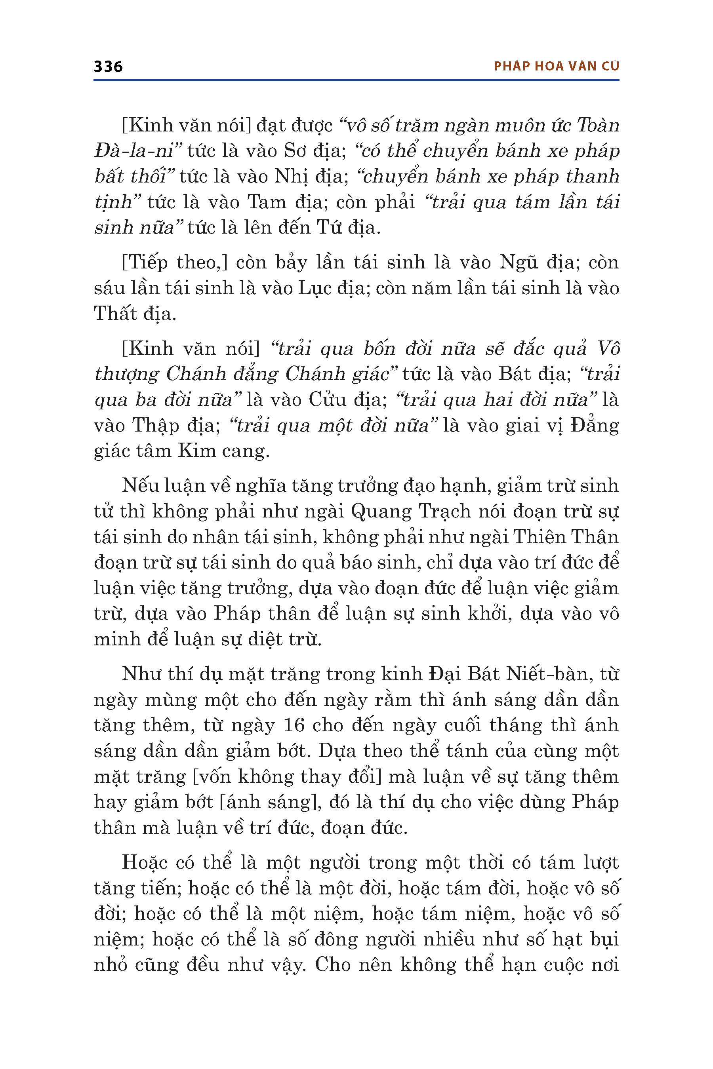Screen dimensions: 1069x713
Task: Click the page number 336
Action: pyautogui.click(x=108, y=67)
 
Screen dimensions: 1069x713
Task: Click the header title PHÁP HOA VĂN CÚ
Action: pyautogui.click(x=556, y=67)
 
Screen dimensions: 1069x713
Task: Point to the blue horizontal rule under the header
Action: pyautogui.click(x=356, y=80)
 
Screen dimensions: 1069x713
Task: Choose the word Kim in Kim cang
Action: pyautogui.click(x=196, y=451)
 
